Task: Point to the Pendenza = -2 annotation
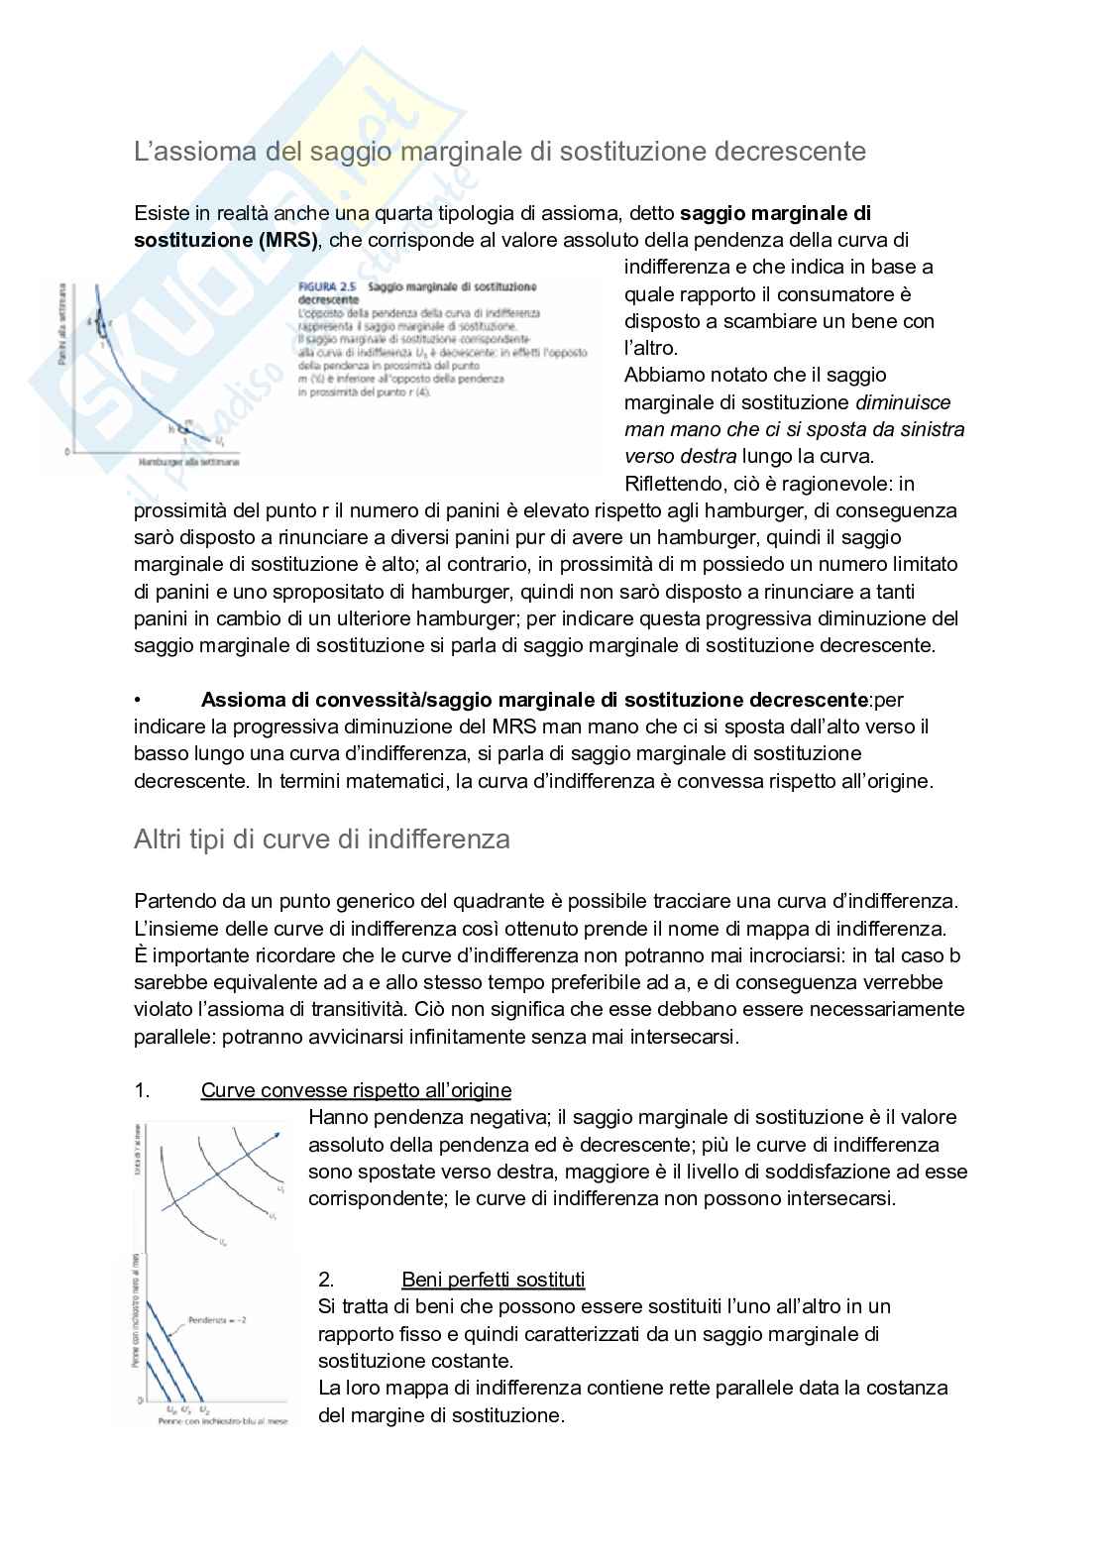tap(217, 1320)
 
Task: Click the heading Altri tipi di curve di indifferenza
tap(322, 839)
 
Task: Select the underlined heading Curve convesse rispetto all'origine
tap(356, 1090)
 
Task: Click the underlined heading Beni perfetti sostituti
tap(494, 1279)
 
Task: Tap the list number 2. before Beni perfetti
tap(326, 1279)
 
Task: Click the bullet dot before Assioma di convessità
tap(138, 700)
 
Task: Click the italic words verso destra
tap(680, 456)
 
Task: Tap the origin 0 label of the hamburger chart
tap(67, 451)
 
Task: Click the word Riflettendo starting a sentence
tap(671, 484)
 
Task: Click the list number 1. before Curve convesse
tap(142, 1090)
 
